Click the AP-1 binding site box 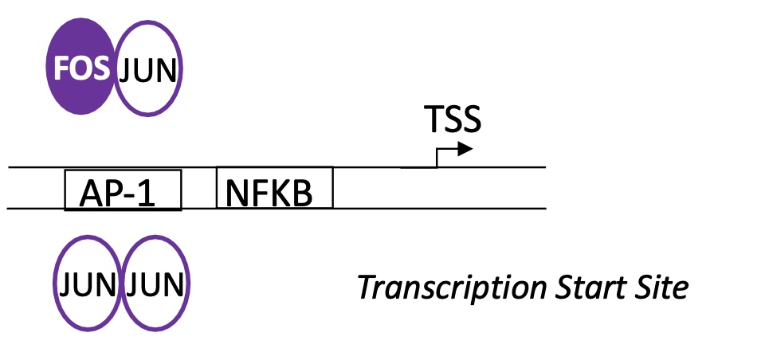pyautogui.click(x=123, y=190)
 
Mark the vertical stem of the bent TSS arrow pyautogui.click(x=436, y=158)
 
